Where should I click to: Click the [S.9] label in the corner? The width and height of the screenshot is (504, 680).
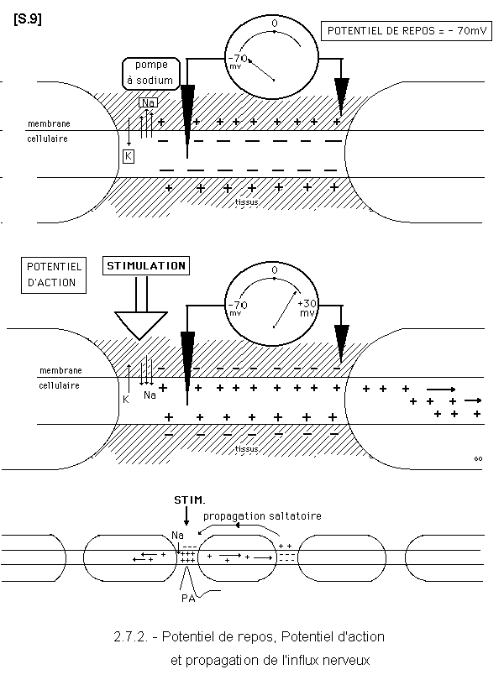click(27, 18)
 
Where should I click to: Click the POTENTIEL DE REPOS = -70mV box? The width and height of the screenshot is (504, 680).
click(408, 32)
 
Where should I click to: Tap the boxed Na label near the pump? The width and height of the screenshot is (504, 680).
click(148, 102)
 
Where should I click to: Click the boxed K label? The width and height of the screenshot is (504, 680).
click(129, 156)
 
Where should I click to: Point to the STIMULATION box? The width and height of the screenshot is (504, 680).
click(145, 266)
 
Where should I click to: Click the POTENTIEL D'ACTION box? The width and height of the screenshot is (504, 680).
click(50, 275)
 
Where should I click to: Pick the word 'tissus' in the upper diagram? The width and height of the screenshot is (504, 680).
click(246, 201)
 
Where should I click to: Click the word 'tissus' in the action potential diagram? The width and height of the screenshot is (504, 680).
click(246, 448)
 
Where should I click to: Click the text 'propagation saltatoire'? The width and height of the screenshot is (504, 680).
click(262, 515)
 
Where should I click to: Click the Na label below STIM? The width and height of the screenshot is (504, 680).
click(177, 535)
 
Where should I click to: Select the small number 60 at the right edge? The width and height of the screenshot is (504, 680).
click(478, 458)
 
